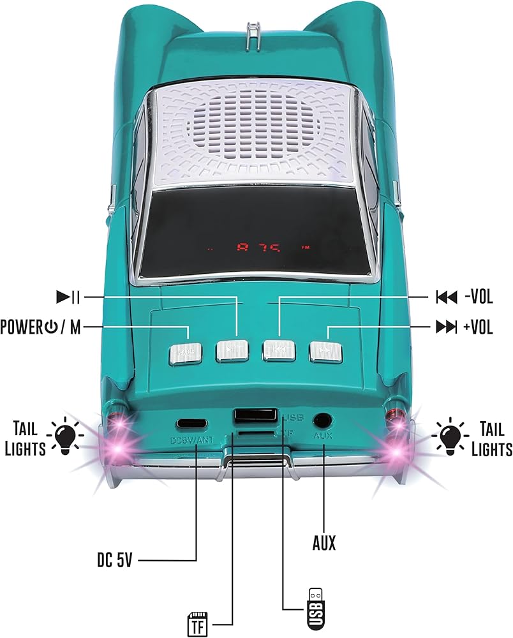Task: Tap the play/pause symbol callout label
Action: tap(68, 297)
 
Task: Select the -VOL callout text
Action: tap(479, 297)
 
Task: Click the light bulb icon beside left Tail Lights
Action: tap(68, 436)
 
